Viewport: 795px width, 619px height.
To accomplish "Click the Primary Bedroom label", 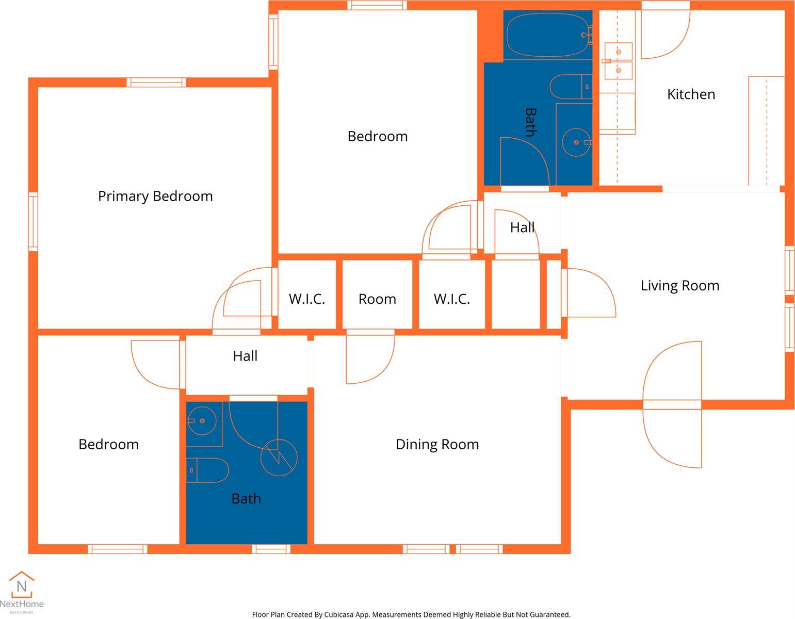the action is [x=155, y=197].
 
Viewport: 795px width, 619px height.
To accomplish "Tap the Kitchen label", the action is [x=691, y=94].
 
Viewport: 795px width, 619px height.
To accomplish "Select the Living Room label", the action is [x=680, y=286].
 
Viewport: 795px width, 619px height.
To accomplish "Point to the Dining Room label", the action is [x=437, y=444].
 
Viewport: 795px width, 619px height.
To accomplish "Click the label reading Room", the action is [x=377, y=299].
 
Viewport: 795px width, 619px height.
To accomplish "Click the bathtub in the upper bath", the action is [x=548, y=35].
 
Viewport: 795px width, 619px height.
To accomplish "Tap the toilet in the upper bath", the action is [x=571, y=87].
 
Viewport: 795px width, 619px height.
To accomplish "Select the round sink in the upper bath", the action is [x=577, y=142].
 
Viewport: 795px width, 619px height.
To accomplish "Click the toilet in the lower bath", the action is [x=207, y=470].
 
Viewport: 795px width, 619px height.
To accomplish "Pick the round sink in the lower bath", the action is [x=202, y=421].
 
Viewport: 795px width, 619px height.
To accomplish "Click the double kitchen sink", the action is [x=618, y=61].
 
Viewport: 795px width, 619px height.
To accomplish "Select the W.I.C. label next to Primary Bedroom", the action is [x=306, y=299].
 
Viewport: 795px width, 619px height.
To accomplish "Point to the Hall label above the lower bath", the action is [x=245, y=356].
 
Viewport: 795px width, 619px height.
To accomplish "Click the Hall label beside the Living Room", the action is [x=523, y=227].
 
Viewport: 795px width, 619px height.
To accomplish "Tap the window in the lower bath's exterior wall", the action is [x=271, y=549].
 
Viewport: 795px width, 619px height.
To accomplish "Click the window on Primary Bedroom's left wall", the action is [x=33, y=222].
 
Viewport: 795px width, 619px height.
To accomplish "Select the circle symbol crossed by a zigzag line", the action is [x=279, y=458].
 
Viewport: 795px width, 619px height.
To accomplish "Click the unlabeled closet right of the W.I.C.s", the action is [x=516, y=295].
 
